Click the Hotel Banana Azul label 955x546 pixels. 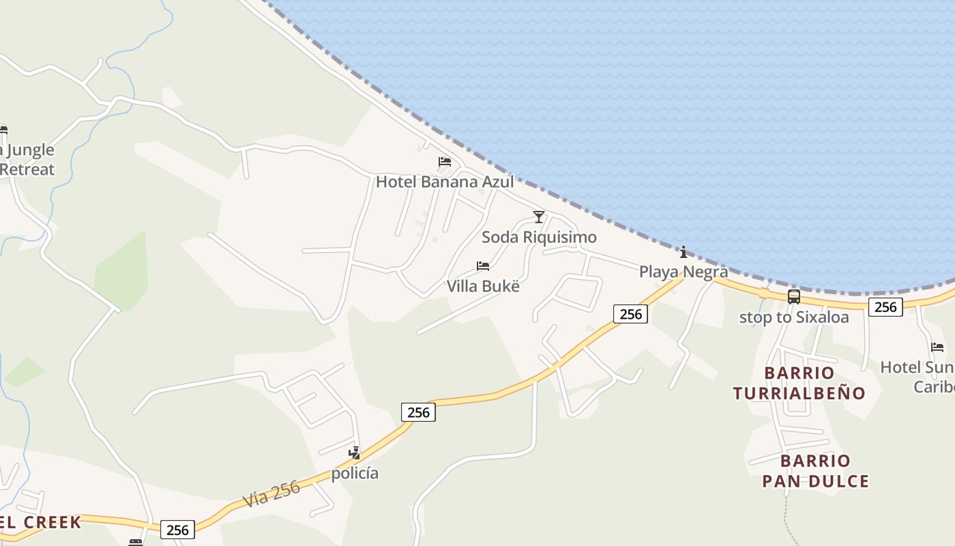pyautogui.click(x=445, y=182)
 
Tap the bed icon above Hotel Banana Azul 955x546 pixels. pyautogui.click(x=445, y=162)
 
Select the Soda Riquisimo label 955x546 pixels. pyautogui.click(x=539, y=237)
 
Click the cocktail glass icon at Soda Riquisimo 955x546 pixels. pyautogui.click(x=539, y=217)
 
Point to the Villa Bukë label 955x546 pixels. pyautogui.click(x=483, y=286)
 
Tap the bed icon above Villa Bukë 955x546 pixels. pyautogui.click(x=483, y=266)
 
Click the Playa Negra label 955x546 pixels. pyautogui.click(x=683, y=272)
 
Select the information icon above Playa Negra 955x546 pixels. pyautogui.click(x=684, y=253)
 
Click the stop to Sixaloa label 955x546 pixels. pyautogui.click(x=794, y=317)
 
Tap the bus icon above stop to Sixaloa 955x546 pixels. pyautogui.click(x=794, y=297)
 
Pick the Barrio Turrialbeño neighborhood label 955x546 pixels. pyautogui.click(x=799, y=383)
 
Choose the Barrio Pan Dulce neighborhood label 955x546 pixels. pyautogui.click(x=815, y=471)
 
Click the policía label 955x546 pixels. pyautogui.click(x=355, y=473)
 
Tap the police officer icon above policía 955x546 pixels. pyautogui.click(x=354, y=452)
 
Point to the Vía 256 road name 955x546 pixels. pyautogui.click(x=271, y=493)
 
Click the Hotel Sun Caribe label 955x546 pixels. pyautogui.click(x=918, y=377)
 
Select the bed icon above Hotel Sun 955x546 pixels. pyautogui.click(x=937, y=347)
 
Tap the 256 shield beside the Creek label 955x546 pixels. pyautogui.click(x=177, y=530)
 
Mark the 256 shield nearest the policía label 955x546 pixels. pyautogui.click(x=417, y=412)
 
